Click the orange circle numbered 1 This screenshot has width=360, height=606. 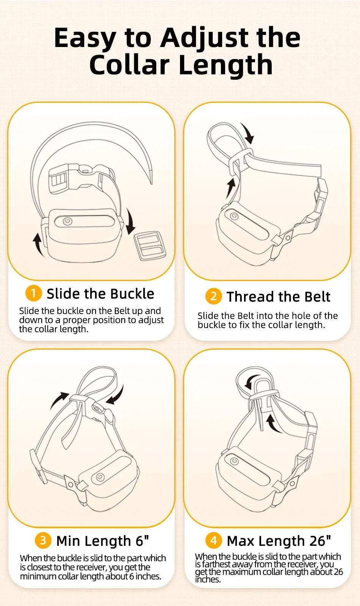point(33,293)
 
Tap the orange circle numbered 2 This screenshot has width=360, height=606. point(213,296)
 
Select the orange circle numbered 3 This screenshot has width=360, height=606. point(43,540)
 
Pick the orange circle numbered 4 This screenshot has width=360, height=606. point(213,540)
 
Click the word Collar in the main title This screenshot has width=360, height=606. point(129,65)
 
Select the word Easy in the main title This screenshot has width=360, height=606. point(85,38)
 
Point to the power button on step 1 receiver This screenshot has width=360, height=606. point(68,221)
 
